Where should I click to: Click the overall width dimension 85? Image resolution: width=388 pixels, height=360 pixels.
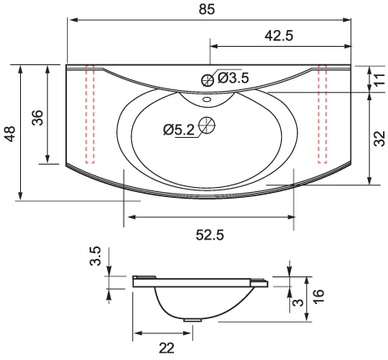click(x=207, y=9)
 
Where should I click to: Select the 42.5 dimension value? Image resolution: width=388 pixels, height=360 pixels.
click(x=279, y=36)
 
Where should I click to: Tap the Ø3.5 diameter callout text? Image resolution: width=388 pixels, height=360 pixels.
click(x=233, y=78)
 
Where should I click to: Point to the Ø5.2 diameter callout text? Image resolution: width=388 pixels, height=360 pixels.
click(x=179, y=129)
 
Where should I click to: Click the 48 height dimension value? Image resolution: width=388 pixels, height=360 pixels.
click(x=10, y=134)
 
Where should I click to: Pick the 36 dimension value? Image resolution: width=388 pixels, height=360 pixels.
click(x=38, y=118)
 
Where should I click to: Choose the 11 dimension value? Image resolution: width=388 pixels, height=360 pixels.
click(x=380, y=79)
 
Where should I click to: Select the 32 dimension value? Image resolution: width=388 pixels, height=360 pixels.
click(x=380, y=139)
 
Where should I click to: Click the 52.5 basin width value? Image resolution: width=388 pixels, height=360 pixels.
click(x=210, y=235)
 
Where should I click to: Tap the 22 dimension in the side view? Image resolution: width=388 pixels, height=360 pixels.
click(x=166, y=348)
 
